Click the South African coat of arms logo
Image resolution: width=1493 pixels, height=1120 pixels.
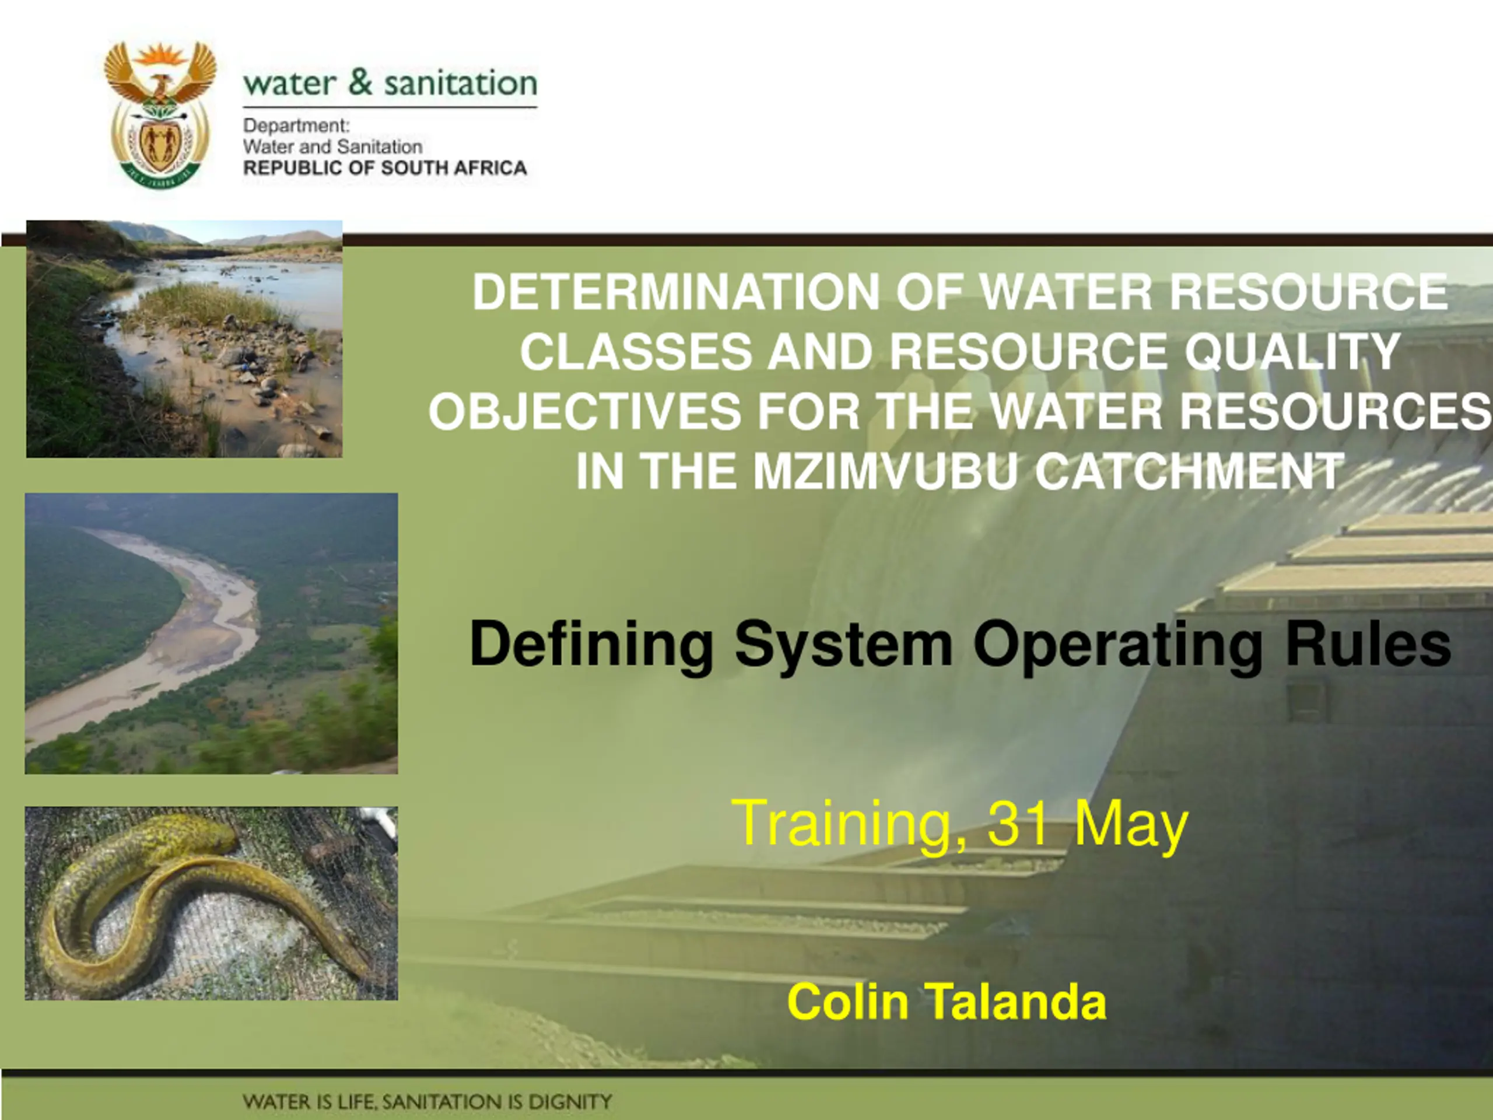(x=160, y=113)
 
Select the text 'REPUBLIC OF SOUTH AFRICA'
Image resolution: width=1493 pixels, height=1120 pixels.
(x=385, y=168)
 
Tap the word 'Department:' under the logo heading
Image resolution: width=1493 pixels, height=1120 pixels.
(x=296, y=126)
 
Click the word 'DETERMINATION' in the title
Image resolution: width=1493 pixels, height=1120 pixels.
(x=675, y=292)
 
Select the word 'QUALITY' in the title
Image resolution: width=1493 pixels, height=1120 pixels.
(x=1292, y=351)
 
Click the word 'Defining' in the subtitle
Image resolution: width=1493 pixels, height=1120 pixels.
(x=591, y=645)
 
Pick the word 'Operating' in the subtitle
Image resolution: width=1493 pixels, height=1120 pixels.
(x=1117, y=645)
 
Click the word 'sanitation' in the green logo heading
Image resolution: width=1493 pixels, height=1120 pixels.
(x=461, y=82)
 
